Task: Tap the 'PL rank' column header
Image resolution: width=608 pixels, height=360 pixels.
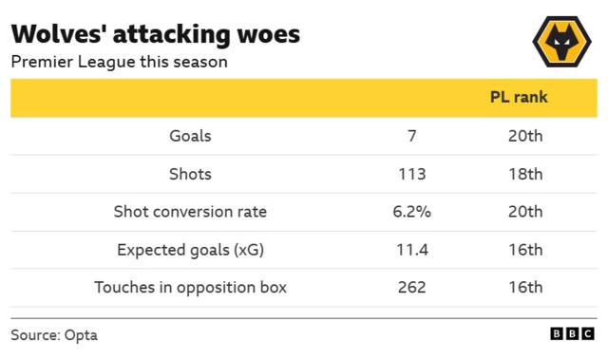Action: pyautogui.click(x=519, y=98)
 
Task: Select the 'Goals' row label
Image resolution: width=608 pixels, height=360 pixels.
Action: pyautogui.click(x=190, y=136)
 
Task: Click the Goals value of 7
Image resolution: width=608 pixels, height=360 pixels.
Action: pyautogui.click(x=411, y=136)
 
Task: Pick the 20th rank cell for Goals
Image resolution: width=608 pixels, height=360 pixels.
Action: pyautogui.click(x=524, y=136)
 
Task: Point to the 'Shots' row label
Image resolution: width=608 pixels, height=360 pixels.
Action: pyautogui.click(x=190, y=174)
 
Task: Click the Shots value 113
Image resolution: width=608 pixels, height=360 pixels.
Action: pyautogui.click(x=411, y=174)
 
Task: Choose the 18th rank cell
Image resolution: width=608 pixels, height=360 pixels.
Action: pyautogui.click(x=524, y=174)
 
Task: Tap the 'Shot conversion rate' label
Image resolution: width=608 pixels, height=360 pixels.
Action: pyautogui.click(x=190, y=212)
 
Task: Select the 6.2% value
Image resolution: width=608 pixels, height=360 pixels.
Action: pyautogui.click(x=411, y=212)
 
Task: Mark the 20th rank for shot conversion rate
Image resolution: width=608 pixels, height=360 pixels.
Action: pyautogui.click(x=524, y=212)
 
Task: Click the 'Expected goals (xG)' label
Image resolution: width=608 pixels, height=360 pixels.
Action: pyautogui.click(x=190, y=250)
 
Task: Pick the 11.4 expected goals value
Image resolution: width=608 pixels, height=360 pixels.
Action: pyautogui.click(x=411, y=250)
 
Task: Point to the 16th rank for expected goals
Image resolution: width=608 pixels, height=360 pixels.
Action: pyautogui.click(x=524, y=250)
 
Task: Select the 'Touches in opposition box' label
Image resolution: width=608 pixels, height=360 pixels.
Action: pyautogui.click(x=190, y=287)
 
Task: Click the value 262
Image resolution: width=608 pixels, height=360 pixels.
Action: pyautogui.click(x=411, y=287)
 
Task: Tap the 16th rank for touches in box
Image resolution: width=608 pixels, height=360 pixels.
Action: pyautogui.click(x=524, y=287)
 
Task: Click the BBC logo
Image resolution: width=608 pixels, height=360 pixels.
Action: pyautogui.click(x=573, y=334)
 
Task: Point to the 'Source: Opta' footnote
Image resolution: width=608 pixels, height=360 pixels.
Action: pyautogui.click(x=54, y=335)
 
